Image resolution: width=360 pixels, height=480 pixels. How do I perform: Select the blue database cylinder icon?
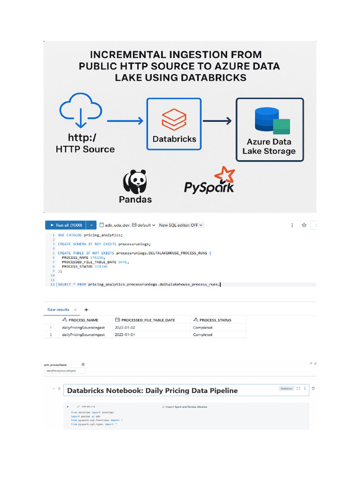point(267,119)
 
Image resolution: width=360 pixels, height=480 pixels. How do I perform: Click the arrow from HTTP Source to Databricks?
point(125,121)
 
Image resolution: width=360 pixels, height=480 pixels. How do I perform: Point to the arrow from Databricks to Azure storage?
point(217,121)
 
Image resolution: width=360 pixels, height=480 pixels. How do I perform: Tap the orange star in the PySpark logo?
point(224,176)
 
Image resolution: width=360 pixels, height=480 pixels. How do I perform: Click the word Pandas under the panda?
point(135,200)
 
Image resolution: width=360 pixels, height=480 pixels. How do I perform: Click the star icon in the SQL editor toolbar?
point(304,225)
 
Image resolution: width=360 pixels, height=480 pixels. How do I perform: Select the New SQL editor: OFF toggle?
point(181,225)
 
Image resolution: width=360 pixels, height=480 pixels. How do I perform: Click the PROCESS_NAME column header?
point(83,320)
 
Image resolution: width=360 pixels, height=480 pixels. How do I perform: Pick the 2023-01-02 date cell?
point(125,327)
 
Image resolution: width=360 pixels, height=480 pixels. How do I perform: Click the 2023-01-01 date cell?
point(125,335)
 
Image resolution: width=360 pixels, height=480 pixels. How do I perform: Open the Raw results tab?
point(59,310)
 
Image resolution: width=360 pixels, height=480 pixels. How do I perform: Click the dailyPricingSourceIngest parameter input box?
point(65,370)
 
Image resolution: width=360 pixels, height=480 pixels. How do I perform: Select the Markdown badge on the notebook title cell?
point(286,389)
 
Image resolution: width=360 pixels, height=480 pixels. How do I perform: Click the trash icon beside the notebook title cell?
point(313,389)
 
